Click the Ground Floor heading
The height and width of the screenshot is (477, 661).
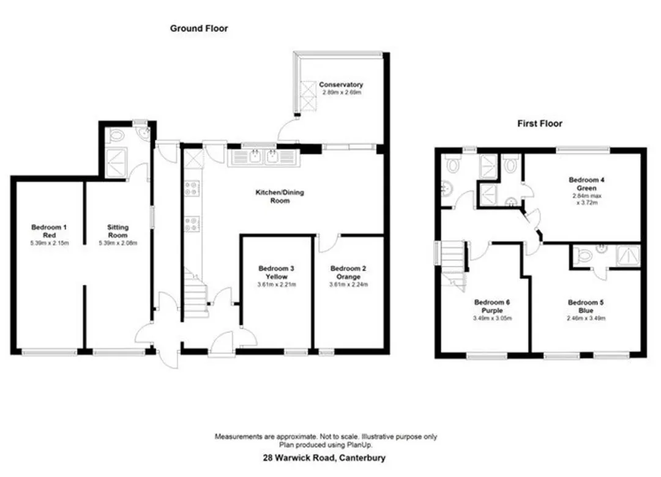pos(199,28)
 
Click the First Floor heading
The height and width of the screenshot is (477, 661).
pos(540,124)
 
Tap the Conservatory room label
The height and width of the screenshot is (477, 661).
pos(341,84)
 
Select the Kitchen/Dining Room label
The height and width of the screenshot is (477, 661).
pos(280,196)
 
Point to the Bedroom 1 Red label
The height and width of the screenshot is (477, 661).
pos(49,231)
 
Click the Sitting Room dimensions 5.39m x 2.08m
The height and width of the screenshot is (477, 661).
pos(118,243)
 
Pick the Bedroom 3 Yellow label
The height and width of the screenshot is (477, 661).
pos(277,272)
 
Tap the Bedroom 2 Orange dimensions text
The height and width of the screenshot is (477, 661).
pos(348,284)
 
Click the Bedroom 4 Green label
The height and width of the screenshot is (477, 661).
pos(587,183)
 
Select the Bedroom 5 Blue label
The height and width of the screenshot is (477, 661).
pos(586,306)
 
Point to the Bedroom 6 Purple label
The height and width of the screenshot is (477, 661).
pos(492,306)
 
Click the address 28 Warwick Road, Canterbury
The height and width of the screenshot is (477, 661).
pos(324,457)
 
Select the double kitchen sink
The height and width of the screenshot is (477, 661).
pos(264,158)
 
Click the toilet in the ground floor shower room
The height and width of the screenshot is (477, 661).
pos(114,136)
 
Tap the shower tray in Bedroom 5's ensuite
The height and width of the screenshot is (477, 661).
pos(628,256)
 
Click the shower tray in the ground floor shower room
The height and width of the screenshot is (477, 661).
pos(116,162)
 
